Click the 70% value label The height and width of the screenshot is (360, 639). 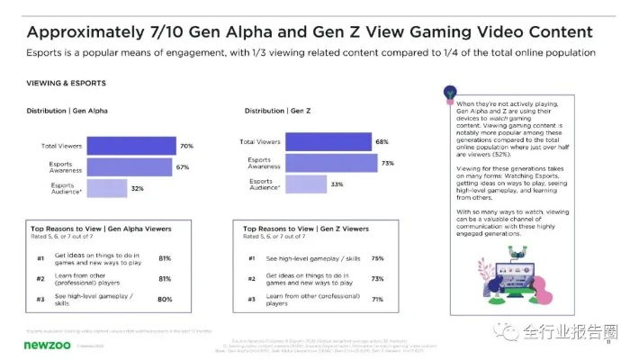[186, 146]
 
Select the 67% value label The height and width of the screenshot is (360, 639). [182, 166]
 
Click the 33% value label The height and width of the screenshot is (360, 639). [335, 184]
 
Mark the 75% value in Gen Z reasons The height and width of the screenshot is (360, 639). [377, 258]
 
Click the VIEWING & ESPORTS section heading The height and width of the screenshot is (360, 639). [65, 83]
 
